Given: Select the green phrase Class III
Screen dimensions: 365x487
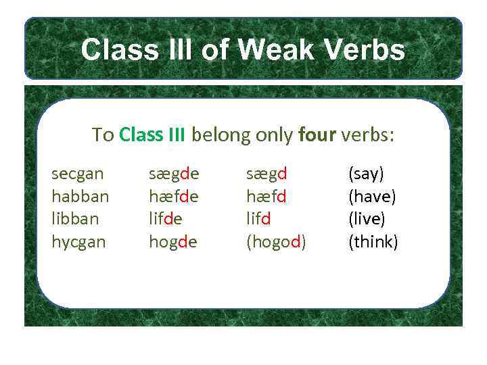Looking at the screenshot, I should click(152, 135).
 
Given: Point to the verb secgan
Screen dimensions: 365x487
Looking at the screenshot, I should click(78, 174).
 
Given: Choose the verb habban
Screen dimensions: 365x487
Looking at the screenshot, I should click(80, 197).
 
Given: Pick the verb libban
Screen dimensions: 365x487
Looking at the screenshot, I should click(75, 219).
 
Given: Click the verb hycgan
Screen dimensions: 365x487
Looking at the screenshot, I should click(78, 242).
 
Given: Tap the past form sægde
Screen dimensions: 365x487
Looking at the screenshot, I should click(174, 174).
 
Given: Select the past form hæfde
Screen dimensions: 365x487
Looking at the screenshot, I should click(174, 197).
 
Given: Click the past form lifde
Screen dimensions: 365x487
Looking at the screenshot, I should click(165, 219).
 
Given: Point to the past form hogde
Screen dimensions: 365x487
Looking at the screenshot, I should click(172, 242).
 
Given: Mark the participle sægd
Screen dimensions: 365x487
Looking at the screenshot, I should click(266, 174).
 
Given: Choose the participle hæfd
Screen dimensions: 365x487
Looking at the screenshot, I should click(266, 197).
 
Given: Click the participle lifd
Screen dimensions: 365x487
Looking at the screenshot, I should click(258, 219).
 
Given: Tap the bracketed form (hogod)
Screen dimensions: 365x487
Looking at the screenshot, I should click(275, 242).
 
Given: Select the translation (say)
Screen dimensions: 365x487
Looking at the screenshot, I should click(366, 174).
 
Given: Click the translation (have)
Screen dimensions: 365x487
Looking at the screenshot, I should click(372, 197).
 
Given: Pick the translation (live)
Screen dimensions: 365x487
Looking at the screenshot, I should click(367, 219).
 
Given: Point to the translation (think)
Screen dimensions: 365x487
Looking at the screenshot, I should click(373, 242).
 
